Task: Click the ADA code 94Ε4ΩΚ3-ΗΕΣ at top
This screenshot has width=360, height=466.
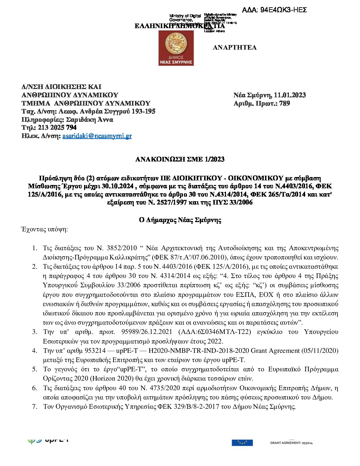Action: (274, 10)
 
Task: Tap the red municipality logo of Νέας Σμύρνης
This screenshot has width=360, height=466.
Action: (176, 48)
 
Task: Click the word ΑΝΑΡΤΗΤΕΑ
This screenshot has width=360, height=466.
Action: (235, 48)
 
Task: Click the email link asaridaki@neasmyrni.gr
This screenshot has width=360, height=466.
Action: (97, 136)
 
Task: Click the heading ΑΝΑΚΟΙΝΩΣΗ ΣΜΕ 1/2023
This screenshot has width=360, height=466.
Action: (180, 160)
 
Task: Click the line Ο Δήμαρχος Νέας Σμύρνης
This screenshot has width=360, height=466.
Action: (180, 220)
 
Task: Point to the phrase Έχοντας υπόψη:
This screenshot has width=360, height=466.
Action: (44, 229)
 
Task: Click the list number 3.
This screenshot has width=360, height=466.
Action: (34, 332)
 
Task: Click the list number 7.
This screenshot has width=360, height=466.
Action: (34, 407)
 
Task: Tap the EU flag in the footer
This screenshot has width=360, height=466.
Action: (242, 443)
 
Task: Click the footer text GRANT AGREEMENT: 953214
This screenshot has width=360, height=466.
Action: (291, 443)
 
